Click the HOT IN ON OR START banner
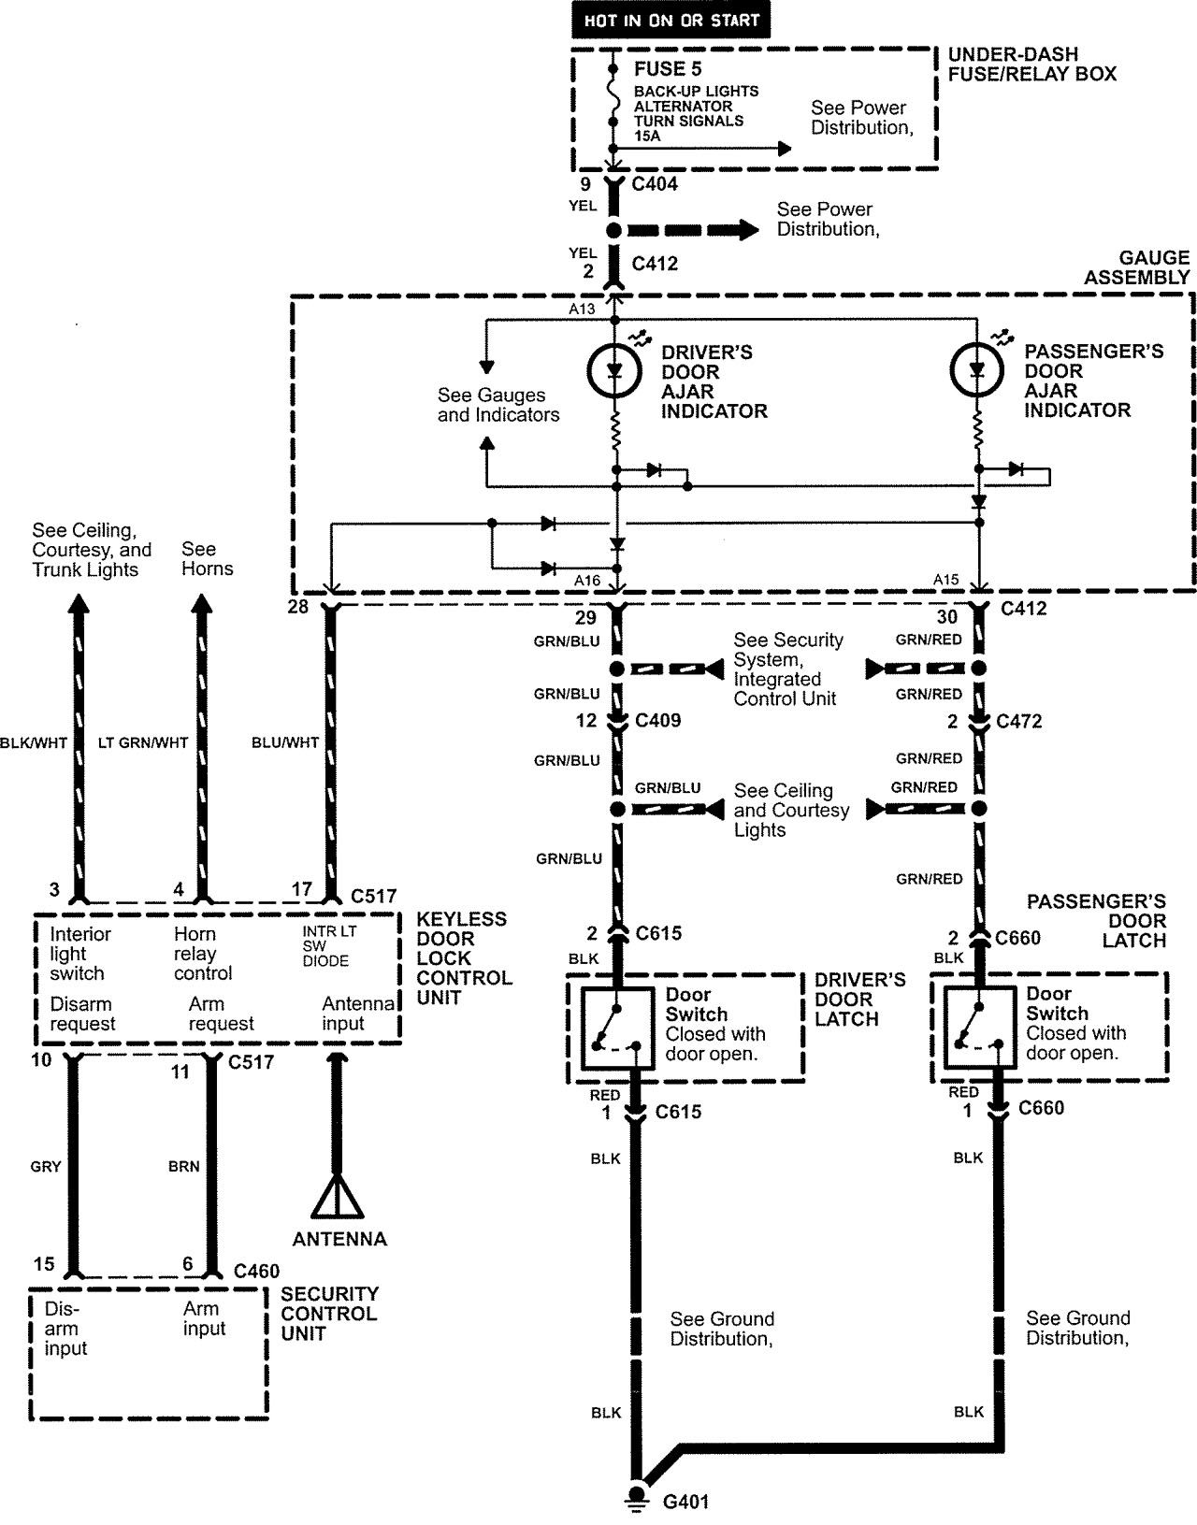click(671, 20)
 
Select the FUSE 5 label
click(667, 69)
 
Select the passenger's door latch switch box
click(978, 1028)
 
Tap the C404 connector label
click(655, 184)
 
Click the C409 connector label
click(657, 721)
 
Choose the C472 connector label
click(1019, 722)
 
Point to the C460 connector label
click(256, 1272)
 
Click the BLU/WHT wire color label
click(285, 743)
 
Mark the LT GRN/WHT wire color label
click(143, 743)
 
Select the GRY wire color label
click(46, 1167)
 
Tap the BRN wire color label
click(184, 1167)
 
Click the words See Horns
click(207, 559)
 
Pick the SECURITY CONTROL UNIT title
click(329, 1314)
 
